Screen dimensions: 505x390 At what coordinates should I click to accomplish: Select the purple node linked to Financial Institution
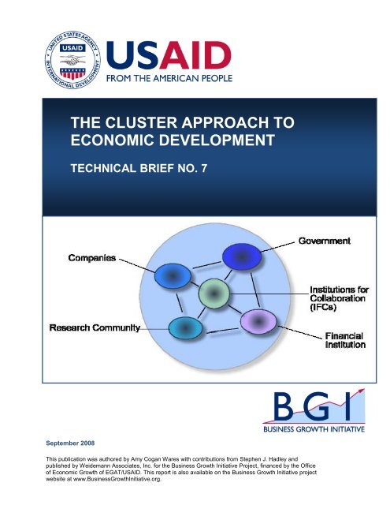254,321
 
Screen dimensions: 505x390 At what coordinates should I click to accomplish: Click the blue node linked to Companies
169,275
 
